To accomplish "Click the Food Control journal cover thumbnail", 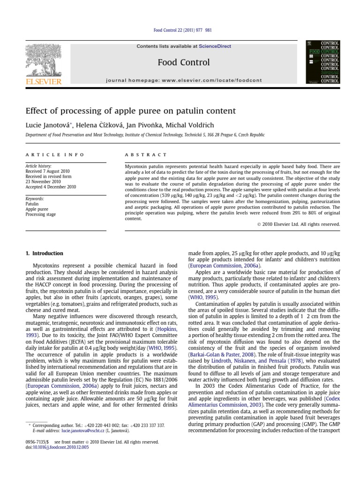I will tap(323, 62).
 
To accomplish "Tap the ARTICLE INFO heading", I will tap(55, 154).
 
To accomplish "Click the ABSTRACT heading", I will tap(145, 154).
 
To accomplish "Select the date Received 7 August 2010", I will tap(47, 172).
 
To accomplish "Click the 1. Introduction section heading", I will tap(45, 254).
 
